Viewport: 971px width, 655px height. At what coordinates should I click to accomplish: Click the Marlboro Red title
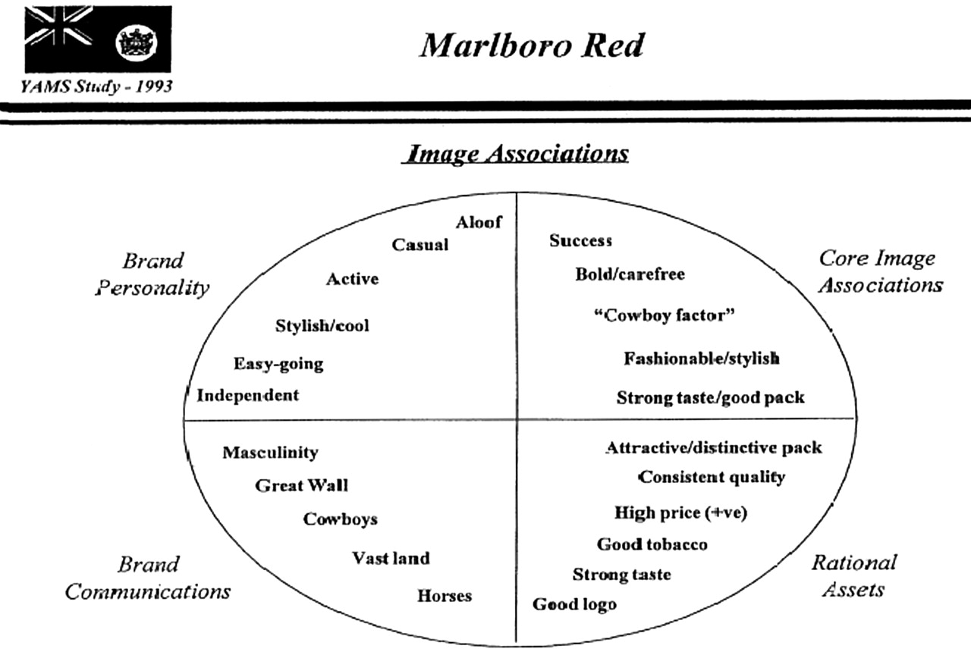(x=533, y=45)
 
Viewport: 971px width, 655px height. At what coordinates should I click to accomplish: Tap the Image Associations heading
(x=515, y=154)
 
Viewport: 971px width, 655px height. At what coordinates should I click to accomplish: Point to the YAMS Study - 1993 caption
(x=96, y=86)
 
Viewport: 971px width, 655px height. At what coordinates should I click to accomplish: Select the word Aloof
(x=479, y=222)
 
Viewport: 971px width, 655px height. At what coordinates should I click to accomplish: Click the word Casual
(x=420, y=245)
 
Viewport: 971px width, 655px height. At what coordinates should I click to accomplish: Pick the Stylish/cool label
(x=322, y=325)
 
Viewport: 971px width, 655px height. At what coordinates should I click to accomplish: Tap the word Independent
(x=247, y=395)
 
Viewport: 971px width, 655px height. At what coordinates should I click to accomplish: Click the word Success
(x=581, y=240)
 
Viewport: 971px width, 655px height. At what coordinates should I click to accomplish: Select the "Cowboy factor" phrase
(x=664, y=315)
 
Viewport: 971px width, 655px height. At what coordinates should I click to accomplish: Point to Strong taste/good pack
(x=711, y=398)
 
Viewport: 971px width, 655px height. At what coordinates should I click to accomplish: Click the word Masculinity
(x=271, y=453)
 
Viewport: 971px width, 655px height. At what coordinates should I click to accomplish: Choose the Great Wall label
(x=301, y=485)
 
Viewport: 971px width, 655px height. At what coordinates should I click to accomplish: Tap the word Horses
(x=445, y=596)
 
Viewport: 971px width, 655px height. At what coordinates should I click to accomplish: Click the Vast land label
(x=391, y=558)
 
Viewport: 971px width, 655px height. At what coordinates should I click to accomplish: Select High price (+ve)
(x=680, y=513)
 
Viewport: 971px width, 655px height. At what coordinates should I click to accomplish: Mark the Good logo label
(x=574, y=604)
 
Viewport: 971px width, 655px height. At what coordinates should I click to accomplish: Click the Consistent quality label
(x=712, y=477)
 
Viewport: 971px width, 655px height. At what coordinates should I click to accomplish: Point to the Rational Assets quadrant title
(x=854, y=576)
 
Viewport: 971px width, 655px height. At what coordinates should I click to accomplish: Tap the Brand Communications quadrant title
(x=148, y=578)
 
